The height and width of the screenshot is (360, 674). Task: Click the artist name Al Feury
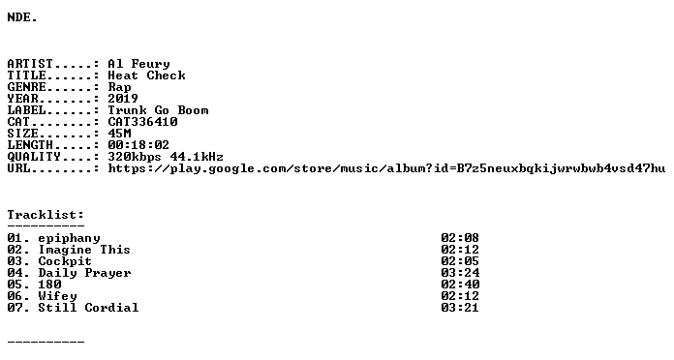(x=138, y=64)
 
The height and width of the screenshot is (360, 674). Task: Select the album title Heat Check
(x=146, y=75)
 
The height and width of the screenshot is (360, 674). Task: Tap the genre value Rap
(x=119, y=88)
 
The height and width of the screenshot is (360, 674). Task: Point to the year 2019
(x=123, y=99)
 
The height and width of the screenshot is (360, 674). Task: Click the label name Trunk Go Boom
(x=158, y=110)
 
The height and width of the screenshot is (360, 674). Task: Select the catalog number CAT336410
(x=142, y=122)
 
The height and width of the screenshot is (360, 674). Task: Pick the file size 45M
(x=119, y=134)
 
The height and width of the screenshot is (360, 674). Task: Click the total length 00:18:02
(x=138, y=145)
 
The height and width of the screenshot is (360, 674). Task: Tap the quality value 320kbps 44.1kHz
(x=166, y=157)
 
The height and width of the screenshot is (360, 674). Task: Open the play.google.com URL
(x=386, y=168)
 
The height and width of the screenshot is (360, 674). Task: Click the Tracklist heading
(x=46, y=215)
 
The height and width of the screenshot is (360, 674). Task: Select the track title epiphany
(x=69, y=238)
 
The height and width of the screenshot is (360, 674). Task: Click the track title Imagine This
(x=84, y=250)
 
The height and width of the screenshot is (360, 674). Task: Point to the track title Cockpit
(x=65, y=261)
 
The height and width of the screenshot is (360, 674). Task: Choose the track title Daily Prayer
(x=84, y=273)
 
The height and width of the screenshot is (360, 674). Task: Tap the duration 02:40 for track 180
(x=460, y=285)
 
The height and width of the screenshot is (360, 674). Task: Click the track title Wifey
(x=57, y=296)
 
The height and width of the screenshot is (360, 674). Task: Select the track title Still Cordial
(x=88, y=308)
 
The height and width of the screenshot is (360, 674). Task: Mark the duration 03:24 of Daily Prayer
(x=460, y=273)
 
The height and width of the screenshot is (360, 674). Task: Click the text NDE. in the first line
(x=22, y=17)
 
